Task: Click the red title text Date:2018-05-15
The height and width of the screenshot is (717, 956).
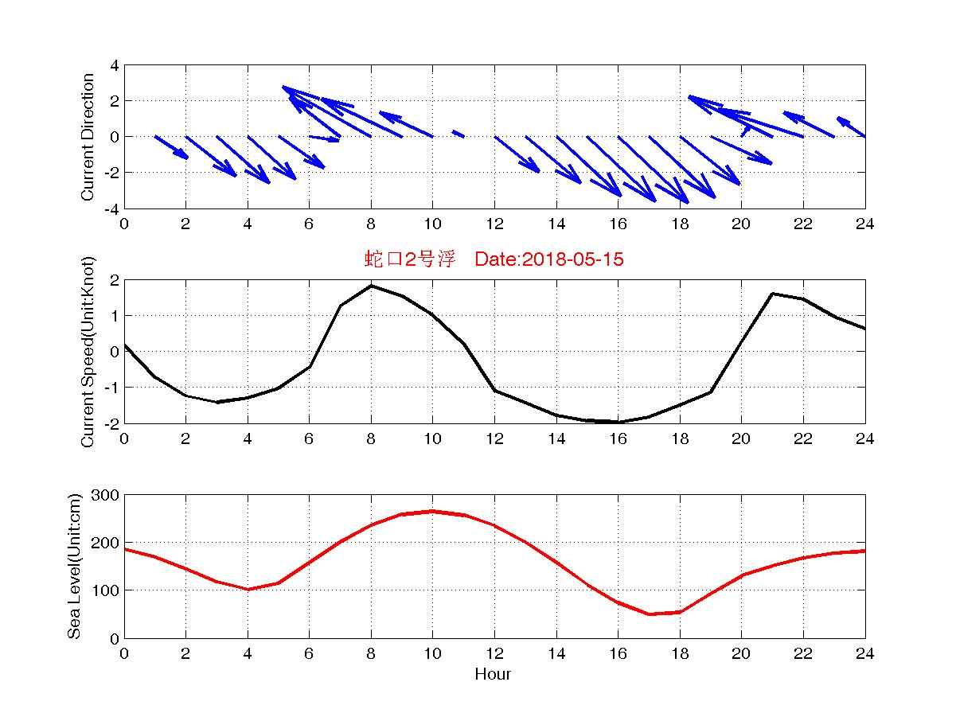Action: [x=548, y=259]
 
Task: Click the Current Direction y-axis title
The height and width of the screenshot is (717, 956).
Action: [x=88, y=137]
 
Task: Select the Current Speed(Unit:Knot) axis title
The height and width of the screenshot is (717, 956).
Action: [x=88, y=352]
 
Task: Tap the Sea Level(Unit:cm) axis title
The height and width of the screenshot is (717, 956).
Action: [x=75, y=567]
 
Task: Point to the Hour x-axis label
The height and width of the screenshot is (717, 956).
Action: [x=494, y=675]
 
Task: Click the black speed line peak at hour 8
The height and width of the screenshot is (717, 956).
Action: [x=371, y=286]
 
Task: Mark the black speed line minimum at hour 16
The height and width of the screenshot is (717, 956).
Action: [x=618, y=422]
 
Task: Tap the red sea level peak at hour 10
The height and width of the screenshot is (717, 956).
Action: [x=432, y=511]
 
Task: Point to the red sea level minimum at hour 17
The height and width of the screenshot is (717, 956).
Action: [x=650, y=614]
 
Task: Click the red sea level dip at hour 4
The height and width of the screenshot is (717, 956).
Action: [x=248, y=590]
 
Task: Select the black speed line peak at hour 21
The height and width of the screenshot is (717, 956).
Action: [x=772, y=294]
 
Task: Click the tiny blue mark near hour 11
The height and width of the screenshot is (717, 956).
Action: [x=458, y=134]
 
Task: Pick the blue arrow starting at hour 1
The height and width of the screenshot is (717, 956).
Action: [x=171, y=147]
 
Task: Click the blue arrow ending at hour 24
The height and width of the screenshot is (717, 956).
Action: [x=851, y=127]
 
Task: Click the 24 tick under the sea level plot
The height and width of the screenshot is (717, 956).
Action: [x=864, y=654]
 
